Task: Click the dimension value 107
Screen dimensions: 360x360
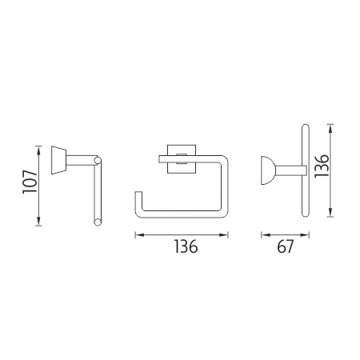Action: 30,182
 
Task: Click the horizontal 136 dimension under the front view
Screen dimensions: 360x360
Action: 186,246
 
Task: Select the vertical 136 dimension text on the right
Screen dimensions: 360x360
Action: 322,166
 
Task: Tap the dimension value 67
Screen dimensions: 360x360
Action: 285,246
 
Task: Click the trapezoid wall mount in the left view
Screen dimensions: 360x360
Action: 58,160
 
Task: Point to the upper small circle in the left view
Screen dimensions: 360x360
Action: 98,161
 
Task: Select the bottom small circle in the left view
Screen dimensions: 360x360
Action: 98,222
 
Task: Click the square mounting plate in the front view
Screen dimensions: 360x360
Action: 182,159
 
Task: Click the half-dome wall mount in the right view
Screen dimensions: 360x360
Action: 268,170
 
